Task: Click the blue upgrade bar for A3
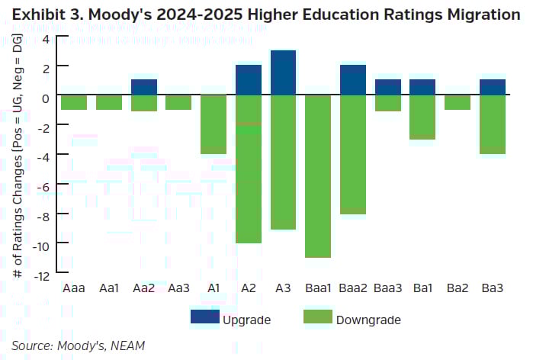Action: pos(283,73)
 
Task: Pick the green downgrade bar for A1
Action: pos(213,124)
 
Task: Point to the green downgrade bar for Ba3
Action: pos(493,124)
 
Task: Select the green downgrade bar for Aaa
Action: pos(74,102)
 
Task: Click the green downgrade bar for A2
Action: pos(249,169)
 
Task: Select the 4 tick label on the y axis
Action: pos(44,39)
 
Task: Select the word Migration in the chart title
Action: pos(478,14)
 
